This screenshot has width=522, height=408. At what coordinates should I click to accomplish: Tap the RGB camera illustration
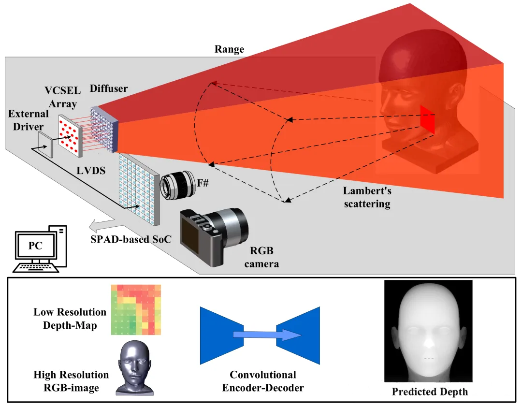point(214,236)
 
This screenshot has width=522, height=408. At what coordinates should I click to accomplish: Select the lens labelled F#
point(178,185)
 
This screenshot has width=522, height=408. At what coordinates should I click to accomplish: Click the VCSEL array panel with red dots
point(70,135)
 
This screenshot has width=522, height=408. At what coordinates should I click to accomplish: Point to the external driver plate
point(45,145)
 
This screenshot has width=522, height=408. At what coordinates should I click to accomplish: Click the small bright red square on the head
point(427,120)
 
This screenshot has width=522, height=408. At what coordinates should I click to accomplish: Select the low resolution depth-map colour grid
point(136,309)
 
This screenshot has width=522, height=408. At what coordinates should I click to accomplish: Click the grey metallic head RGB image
point(134,368)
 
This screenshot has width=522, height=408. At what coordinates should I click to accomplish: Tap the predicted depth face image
point(428,331)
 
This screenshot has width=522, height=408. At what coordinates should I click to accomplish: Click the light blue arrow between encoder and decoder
point(267,335)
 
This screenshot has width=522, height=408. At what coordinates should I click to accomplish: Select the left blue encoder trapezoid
point(222,335)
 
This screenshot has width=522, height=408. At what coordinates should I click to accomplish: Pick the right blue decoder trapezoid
point(298,335)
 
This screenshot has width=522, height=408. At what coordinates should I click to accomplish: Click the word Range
point(230,49)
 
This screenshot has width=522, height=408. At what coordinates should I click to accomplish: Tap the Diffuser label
point(109,88)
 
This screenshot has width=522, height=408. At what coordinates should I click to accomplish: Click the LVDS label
point(91,171)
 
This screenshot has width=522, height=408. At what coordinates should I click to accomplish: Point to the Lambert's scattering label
point(367,197)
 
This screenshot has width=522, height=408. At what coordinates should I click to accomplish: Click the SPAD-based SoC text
point(131,239)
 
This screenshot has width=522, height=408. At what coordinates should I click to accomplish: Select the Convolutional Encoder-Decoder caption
point(263,381)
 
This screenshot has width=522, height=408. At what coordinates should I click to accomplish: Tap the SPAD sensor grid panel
point(139,189)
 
